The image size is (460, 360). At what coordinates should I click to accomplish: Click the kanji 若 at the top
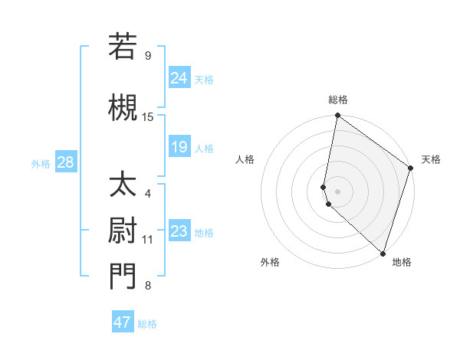123,47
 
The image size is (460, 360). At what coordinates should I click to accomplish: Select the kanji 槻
123,106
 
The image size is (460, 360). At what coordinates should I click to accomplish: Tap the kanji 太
123,185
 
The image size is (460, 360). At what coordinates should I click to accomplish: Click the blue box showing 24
179,77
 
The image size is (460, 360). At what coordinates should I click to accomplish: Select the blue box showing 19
179,147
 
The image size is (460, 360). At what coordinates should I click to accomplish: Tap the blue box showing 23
179,231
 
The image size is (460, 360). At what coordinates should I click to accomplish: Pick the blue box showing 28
64,162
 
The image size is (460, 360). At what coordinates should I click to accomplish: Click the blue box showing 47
123,322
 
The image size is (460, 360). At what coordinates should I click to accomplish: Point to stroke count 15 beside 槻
148,116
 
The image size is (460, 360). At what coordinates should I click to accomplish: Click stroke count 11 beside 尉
148,240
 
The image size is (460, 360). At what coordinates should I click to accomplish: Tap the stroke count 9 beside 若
148,56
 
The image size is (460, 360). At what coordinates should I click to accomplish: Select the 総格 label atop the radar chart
338,100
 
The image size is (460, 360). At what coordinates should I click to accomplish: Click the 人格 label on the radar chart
245,159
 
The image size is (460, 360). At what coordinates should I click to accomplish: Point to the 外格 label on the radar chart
270,262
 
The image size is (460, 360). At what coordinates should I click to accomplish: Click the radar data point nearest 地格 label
383,253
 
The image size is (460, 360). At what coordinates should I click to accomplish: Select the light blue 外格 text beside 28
41,163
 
